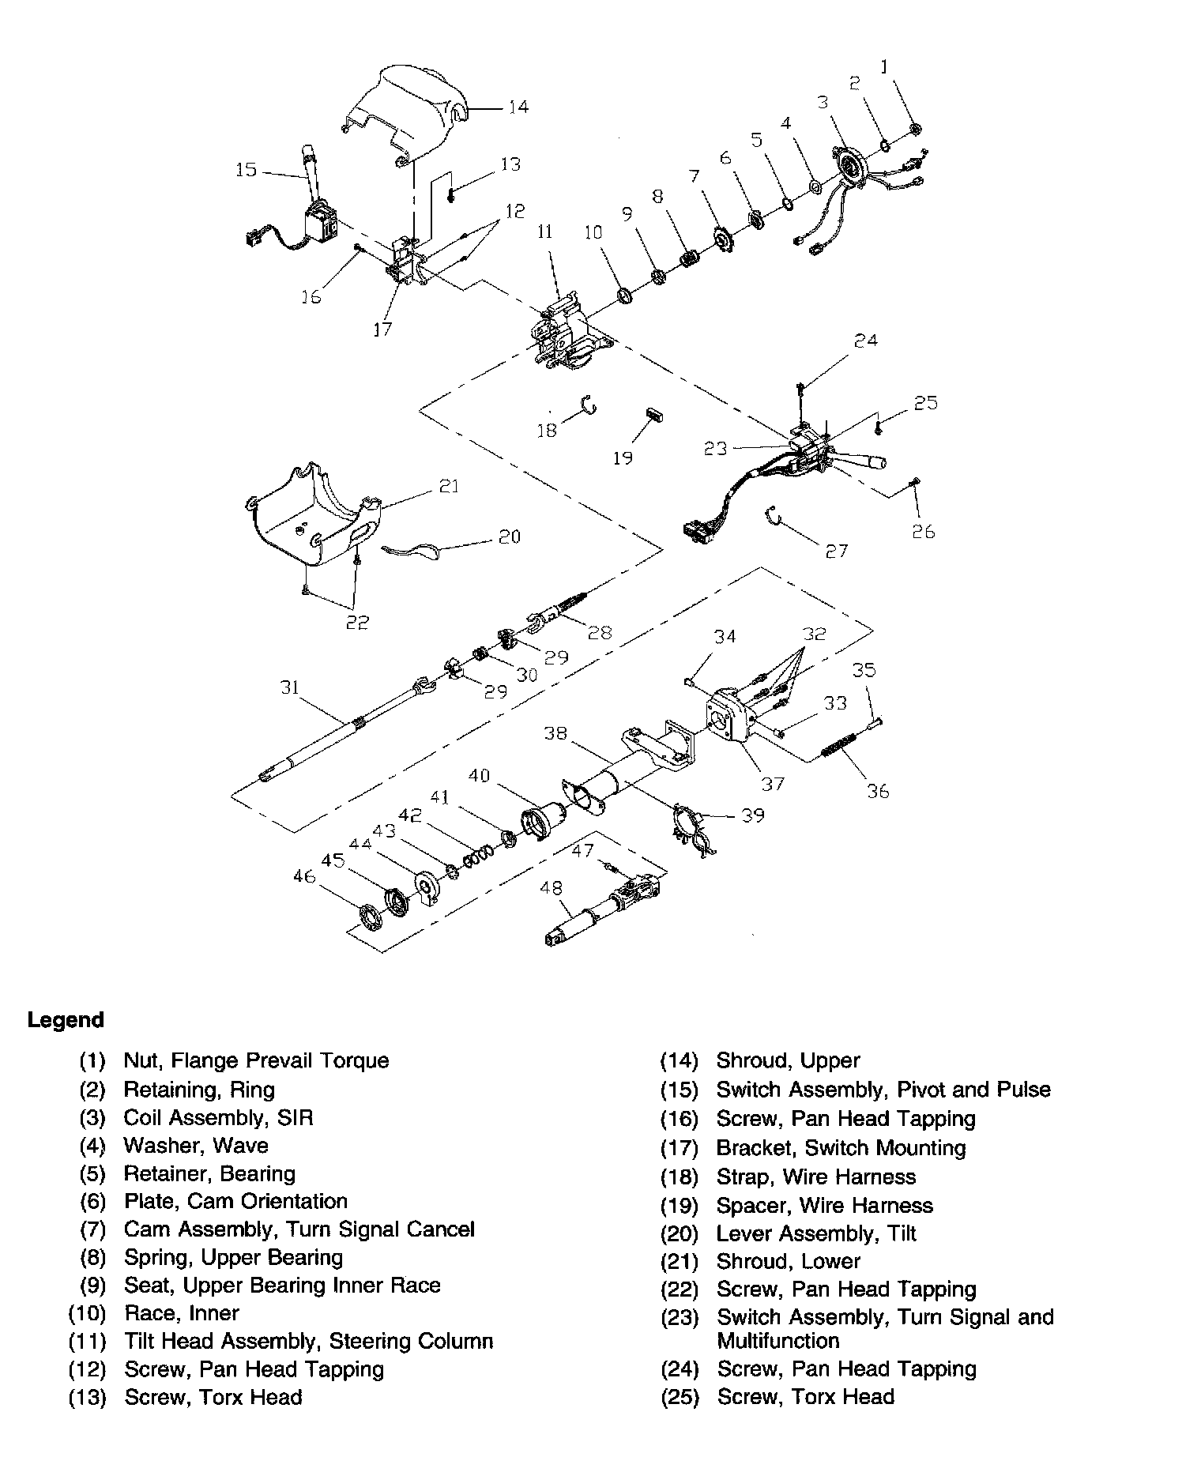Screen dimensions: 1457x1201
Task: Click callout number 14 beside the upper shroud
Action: [518, 107]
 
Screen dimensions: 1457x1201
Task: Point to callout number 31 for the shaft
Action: [290, 687]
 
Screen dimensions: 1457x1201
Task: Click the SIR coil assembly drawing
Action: [850, 166]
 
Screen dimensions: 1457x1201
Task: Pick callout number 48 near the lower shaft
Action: [551, 888]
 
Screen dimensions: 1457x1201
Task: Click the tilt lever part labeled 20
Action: [415, 551]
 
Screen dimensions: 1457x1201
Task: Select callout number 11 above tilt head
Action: [545, 232]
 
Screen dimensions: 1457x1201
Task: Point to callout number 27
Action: [836, 551]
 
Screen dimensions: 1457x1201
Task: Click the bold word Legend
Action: [66, 1020]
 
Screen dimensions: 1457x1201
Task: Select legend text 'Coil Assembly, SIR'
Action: [218, 1117]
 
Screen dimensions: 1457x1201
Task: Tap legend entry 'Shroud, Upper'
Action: [788, 1060]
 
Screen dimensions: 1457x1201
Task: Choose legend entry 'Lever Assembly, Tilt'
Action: [816, 1233]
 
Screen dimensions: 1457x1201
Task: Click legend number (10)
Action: [87, 1313]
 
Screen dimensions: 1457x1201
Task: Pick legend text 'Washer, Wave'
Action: [196, 1146]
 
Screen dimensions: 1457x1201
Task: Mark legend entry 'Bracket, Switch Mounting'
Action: [841, 1147]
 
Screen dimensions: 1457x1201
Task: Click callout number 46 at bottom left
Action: [304, 875]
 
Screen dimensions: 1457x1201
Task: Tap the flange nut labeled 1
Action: [916, 129]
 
